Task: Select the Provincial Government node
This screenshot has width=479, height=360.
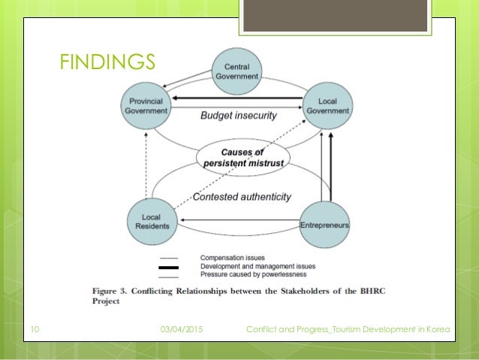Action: coord(146,106)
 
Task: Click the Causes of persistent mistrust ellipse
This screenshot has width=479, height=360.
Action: coord(237,157)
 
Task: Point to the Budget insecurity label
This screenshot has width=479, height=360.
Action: coord(239,116)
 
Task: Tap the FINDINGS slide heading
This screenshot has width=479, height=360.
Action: coord(107,61)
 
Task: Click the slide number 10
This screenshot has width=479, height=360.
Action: coord(35,329)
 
